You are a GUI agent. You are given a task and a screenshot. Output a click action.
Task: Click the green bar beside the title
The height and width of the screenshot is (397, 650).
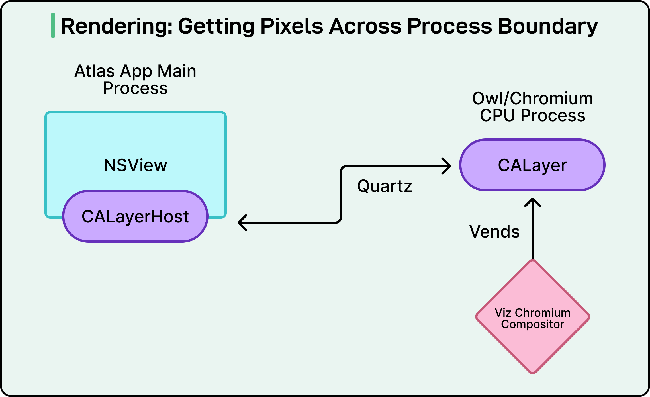tap(53, 25)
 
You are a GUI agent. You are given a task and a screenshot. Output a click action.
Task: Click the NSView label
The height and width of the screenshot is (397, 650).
tap(136, 165)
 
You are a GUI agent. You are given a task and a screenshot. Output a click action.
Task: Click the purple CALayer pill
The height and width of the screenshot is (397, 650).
tap(532, 165)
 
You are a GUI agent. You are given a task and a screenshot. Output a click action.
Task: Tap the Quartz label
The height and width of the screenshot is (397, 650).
tap(385, 186)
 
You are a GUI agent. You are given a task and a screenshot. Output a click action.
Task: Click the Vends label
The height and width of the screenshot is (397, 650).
tap(494, 231)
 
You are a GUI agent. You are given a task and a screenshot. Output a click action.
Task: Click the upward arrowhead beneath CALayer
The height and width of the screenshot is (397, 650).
tap(532, 202)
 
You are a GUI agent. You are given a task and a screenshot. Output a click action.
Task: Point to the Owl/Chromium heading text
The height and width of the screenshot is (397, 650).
tap(532, 98)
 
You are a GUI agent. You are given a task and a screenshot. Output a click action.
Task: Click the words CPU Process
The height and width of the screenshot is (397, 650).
tap(532, 116)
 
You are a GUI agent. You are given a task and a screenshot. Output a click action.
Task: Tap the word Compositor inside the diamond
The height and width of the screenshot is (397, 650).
tap(532, 324)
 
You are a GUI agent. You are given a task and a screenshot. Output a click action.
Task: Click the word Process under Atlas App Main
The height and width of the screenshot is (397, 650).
tap(135, 88)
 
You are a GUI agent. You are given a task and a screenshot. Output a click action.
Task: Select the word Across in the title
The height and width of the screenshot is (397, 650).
tap(368, 26)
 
